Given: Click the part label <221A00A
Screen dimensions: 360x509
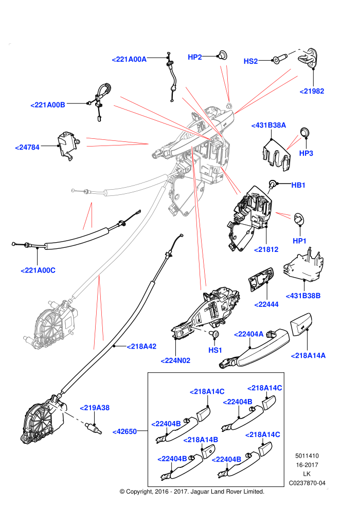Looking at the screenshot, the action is pos(129,60).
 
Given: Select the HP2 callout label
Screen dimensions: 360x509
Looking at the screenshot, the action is pos(195,57).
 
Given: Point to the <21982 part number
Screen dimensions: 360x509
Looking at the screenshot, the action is pos(312,91).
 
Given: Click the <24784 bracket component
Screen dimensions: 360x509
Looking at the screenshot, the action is pos(67,146).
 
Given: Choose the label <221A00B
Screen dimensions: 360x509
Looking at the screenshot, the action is pos(48,105).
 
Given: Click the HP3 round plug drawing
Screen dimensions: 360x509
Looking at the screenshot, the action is pos(305,132).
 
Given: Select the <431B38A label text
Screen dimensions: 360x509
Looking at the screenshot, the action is pos(268,125).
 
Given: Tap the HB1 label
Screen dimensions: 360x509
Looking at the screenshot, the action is pos(298,185).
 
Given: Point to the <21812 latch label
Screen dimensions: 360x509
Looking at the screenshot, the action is pos(266,249).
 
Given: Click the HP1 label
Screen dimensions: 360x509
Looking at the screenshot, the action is pos(299,241).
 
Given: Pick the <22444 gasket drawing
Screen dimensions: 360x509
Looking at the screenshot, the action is pos(261,280).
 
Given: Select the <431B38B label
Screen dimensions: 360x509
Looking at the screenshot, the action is pos(303,296).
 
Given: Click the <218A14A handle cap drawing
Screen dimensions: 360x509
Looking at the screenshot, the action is pos(301,324).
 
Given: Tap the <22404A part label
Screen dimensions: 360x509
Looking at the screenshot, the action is pos(248,334).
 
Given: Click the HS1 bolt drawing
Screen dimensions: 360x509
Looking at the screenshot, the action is pos(214,334).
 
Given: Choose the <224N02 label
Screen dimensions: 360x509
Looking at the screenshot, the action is pos(175,360).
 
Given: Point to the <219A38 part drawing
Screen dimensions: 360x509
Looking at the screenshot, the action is pos(93,428).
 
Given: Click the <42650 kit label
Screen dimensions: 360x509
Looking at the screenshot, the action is pos(124,431).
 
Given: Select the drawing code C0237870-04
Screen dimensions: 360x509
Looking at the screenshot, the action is pos(307,483).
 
